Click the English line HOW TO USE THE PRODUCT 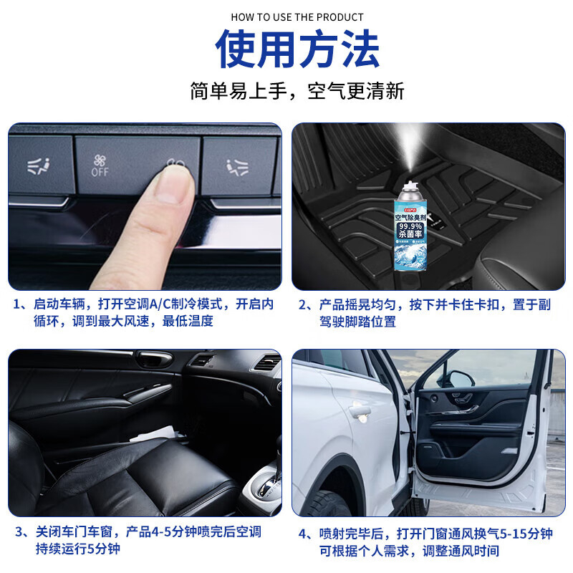pyautogui.click(x=297, y=17)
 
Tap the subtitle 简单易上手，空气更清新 pyautogui.click(x=297, y=91)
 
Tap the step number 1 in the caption pyautogui.click(x=18, y=304)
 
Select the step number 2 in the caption pyautogui.click(x=303, y=304)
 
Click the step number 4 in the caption pyautogui.click(x=303, y=534)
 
